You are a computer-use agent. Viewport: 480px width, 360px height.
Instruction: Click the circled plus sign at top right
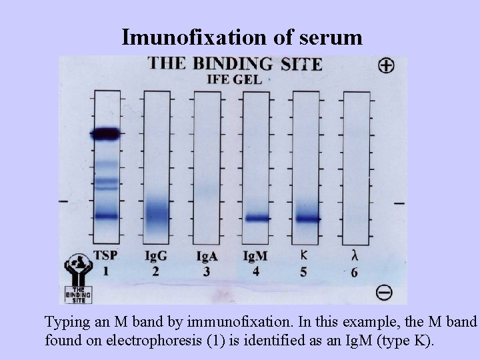(x=385, y=65)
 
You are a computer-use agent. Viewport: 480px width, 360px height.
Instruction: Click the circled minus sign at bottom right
(x=384, y=291)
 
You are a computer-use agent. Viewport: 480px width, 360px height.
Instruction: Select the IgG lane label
(x=156, y=255)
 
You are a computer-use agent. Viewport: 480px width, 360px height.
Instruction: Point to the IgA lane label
(x=207, y=255)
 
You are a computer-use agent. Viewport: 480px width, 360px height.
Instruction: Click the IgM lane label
(x=255, y=255)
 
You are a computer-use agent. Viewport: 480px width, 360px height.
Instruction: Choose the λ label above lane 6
(x=353, y=255)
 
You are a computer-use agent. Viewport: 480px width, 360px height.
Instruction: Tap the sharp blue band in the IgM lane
(x=256, y=218)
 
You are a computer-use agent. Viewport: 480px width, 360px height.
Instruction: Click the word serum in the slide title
(x=326, y=38)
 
